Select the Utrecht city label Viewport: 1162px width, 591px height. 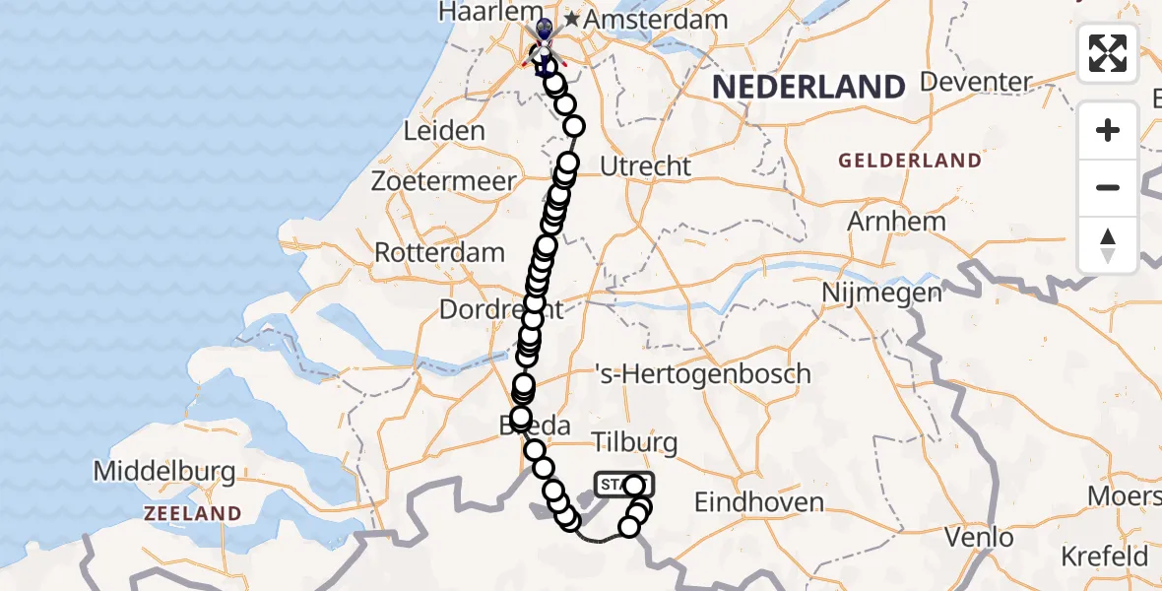coord(645,166)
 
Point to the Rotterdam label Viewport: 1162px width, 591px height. coord(439,252)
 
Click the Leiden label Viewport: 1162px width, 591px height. coord(444,131)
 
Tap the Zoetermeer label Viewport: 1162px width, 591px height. coord(443,182)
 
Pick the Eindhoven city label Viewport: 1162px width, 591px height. coord(759,502)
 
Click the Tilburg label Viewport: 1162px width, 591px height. coord(635,442)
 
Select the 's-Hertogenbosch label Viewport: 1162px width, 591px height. coord(703,374)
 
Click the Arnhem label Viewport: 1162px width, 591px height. coord(896,222)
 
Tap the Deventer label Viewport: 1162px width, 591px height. coord(976,82)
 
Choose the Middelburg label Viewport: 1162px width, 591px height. coord(164,472)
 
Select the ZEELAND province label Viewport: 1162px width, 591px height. coord(192,513)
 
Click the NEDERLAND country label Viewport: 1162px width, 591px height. coord(807,87)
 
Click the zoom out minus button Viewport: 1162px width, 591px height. coord(1108,188)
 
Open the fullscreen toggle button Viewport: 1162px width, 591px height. coord(1108,53)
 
